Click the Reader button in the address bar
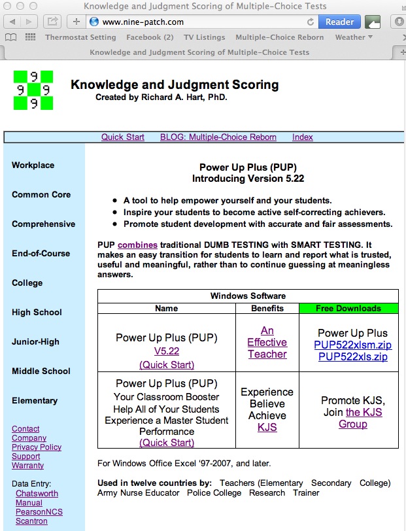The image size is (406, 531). tap(339, 22)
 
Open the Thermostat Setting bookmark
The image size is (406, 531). tap(80, 37)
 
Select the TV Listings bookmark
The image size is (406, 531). tap(204, 37)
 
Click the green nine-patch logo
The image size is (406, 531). tap(33, 90)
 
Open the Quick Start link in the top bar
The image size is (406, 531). tap(123, 137)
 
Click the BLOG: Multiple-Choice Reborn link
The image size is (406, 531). tap(218, 137)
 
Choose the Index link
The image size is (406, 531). tap(303, 137)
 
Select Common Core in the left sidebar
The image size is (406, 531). tap(41, 195)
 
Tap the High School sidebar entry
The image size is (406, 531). tap(37, 313)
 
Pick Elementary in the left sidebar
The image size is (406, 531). tap(35, 401)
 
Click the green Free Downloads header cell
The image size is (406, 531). tap(348, 308)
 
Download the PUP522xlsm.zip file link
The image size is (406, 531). tap(352, 345)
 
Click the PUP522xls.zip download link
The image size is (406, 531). tap(352, 357)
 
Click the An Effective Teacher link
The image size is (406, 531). tap(267, 343)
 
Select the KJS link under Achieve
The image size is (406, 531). tap(267, 428)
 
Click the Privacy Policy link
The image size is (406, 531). tap(37, 447)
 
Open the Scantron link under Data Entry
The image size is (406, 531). tap(31, 521)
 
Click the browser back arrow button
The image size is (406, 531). tap(12, 22)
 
